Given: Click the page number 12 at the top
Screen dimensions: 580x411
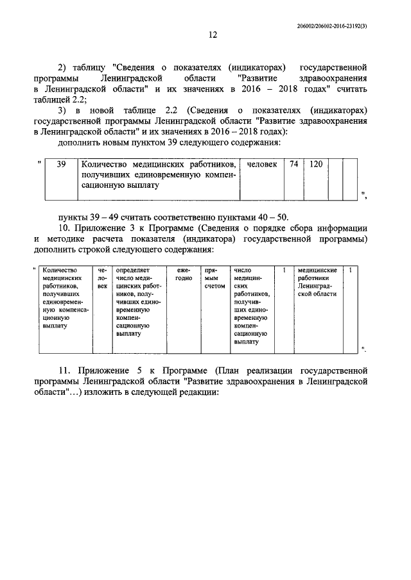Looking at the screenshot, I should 213,35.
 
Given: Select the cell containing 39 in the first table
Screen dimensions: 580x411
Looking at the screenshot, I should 61,165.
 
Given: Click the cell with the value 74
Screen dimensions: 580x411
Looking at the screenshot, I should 293,165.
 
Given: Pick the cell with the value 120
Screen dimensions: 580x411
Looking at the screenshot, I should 315,165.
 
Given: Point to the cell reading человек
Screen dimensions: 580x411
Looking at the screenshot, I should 262,165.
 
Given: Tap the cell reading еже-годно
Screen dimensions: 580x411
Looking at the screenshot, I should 184,274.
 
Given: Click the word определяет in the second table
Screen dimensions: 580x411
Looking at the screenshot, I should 134,270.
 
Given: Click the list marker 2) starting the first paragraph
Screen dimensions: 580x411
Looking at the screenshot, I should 63,67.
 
